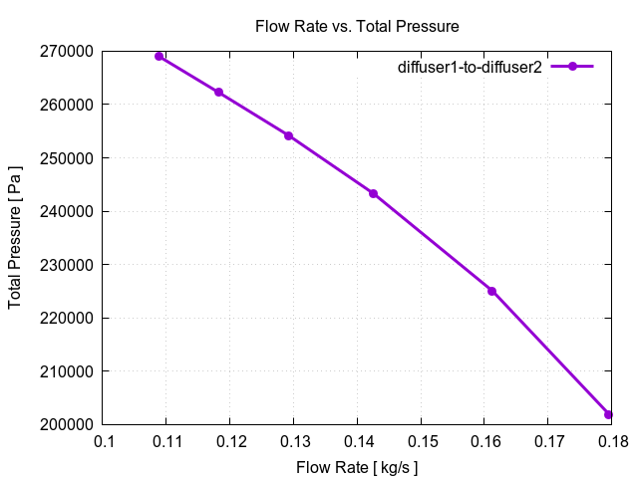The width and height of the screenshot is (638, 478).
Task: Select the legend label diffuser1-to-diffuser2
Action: point(470,67)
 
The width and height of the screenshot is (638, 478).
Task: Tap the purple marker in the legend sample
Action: point(572,67)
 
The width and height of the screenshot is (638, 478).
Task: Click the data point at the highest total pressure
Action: point(159,56)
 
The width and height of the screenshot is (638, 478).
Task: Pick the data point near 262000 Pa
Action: point(218,93)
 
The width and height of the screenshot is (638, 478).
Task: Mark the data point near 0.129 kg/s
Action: point(288,135)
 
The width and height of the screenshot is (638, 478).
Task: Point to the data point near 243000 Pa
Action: point(373,193)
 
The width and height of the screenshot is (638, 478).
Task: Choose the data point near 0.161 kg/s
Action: point(491,291)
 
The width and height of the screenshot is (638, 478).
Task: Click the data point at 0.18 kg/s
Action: point(608,414)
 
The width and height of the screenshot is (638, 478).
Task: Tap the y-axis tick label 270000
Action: point(67,51)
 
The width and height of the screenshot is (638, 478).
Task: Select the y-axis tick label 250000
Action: point(67,158)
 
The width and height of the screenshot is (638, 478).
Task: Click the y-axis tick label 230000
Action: point(67,265)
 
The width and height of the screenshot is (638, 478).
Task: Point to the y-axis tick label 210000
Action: point(67,371)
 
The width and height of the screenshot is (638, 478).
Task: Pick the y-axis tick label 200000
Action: point(67,425)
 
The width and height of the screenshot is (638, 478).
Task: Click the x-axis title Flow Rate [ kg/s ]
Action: point(357,466)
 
